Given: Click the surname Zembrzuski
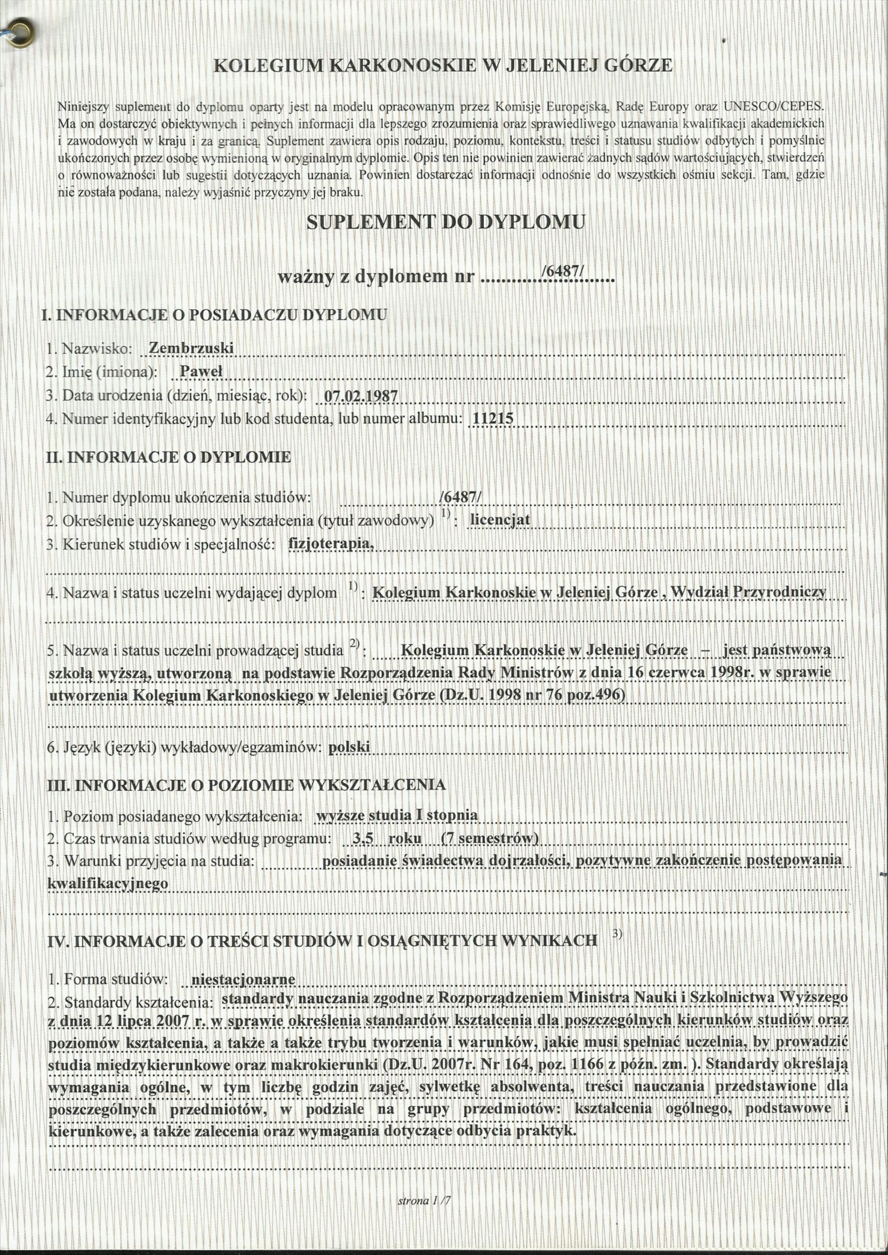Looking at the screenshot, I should (x=191, y=348).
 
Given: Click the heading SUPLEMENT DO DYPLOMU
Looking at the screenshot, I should (x=446, y=223).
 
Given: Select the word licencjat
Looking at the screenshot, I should (x=500, y=520).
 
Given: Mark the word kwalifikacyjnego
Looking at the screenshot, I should (x=108, y=884).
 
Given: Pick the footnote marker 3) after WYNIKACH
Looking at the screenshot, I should (x=617, y=934).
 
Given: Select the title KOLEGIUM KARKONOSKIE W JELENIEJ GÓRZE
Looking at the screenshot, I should (x=442, y=66).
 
